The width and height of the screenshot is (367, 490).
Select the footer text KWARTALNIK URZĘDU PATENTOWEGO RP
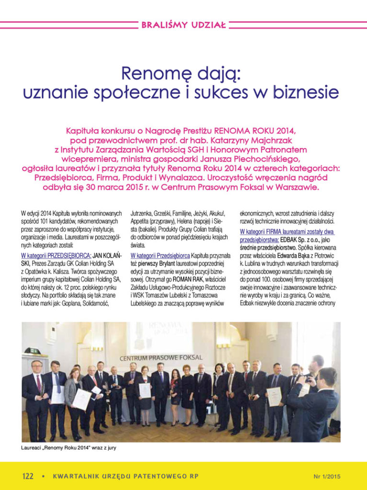[x=126, y=476]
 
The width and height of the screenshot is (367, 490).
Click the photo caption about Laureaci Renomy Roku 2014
[x=69, y=448]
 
